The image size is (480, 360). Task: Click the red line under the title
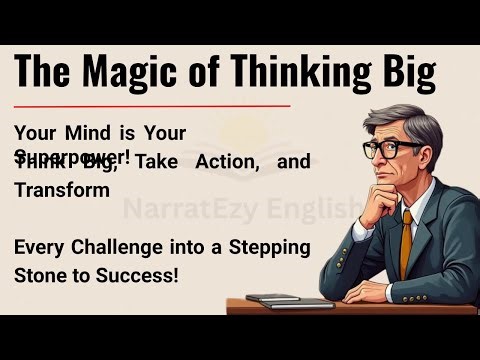pyautogui.click(x=150, y=104)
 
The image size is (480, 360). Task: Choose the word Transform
pyautogui.click(x=62, y=190)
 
